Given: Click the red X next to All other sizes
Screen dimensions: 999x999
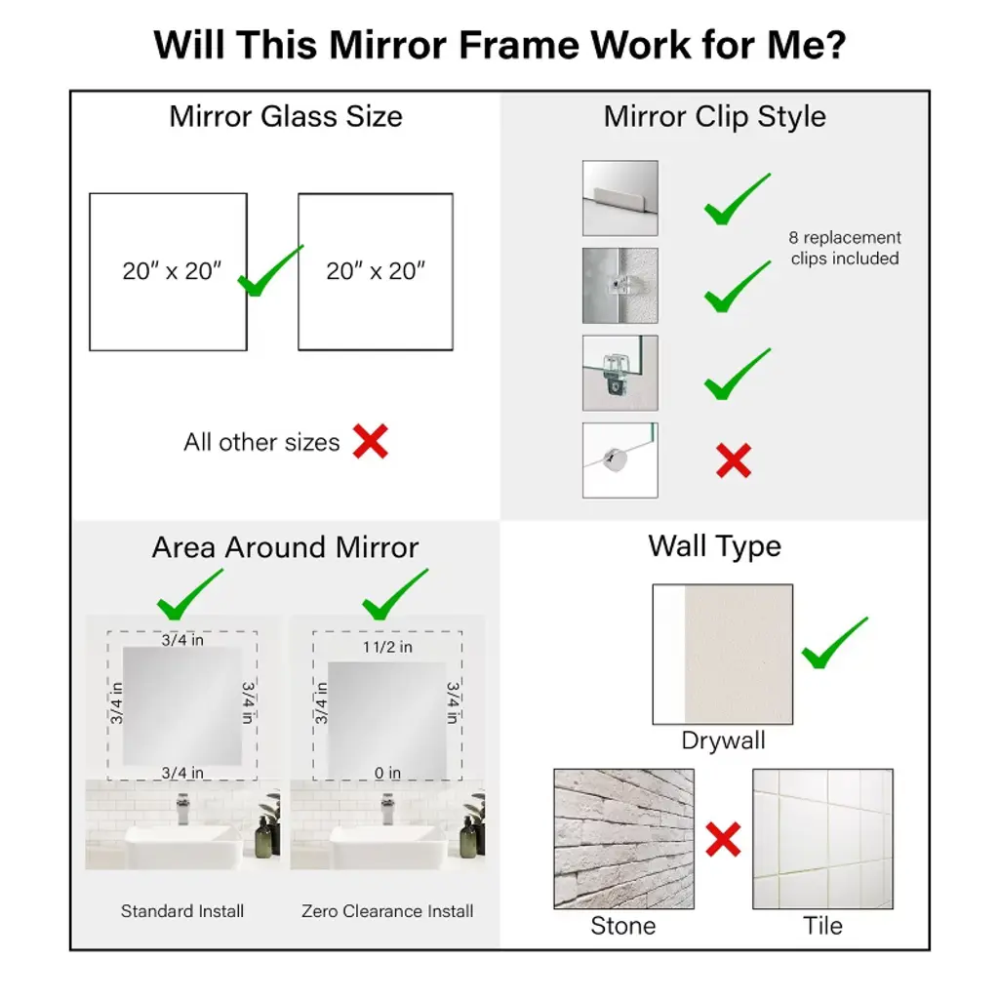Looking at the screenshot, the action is click(370, 442).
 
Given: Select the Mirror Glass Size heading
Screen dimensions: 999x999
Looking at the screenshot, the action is click(286, 117).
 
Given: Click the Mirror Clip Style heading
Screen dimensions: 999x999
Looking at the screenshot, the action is click(715, 117).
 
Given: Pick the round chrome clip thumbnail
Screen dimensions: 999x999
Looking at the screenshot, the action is click(619, 460).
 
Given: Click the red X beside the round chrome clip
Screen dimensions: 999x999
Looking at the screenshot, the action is click(734, 460).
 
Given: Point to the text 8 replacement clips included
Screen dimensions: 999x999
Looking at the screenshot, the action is click(845, 248).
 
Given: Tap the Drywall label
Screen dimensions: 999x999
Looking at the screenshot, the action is click(723, 740).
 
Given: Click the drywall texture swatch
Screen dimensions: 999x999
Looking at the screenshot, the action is click(723, 655).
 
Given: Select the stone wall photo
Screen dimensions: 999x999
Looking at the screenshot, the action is click(623, 838).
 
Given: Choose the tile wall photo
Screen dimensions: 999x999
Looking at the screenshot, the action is click(822, 838).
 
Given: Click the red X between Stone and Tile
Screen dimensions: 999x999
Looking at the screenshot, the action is click(723, 839).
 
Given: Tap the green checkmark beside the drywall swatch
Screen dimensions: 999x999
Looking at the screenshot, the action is click(835, 644).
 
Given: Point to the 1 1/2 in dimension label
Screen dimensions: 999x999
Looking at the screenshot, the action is click(387, 648).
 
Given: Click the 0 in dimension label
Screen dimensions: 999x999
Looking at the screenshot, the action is click(387, 773).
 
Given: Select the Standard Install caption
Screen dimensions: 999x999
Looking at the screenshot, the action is click(182, 911).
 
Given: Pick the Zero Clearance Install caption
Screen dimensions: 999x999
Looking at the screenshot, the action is click(387, 911).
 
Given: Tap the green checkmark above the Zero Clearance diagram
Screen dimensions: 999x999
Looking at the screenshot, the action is click(395, 594).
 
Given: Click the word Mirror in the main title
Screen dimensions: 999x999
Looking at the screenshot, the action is click(388, 45).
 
